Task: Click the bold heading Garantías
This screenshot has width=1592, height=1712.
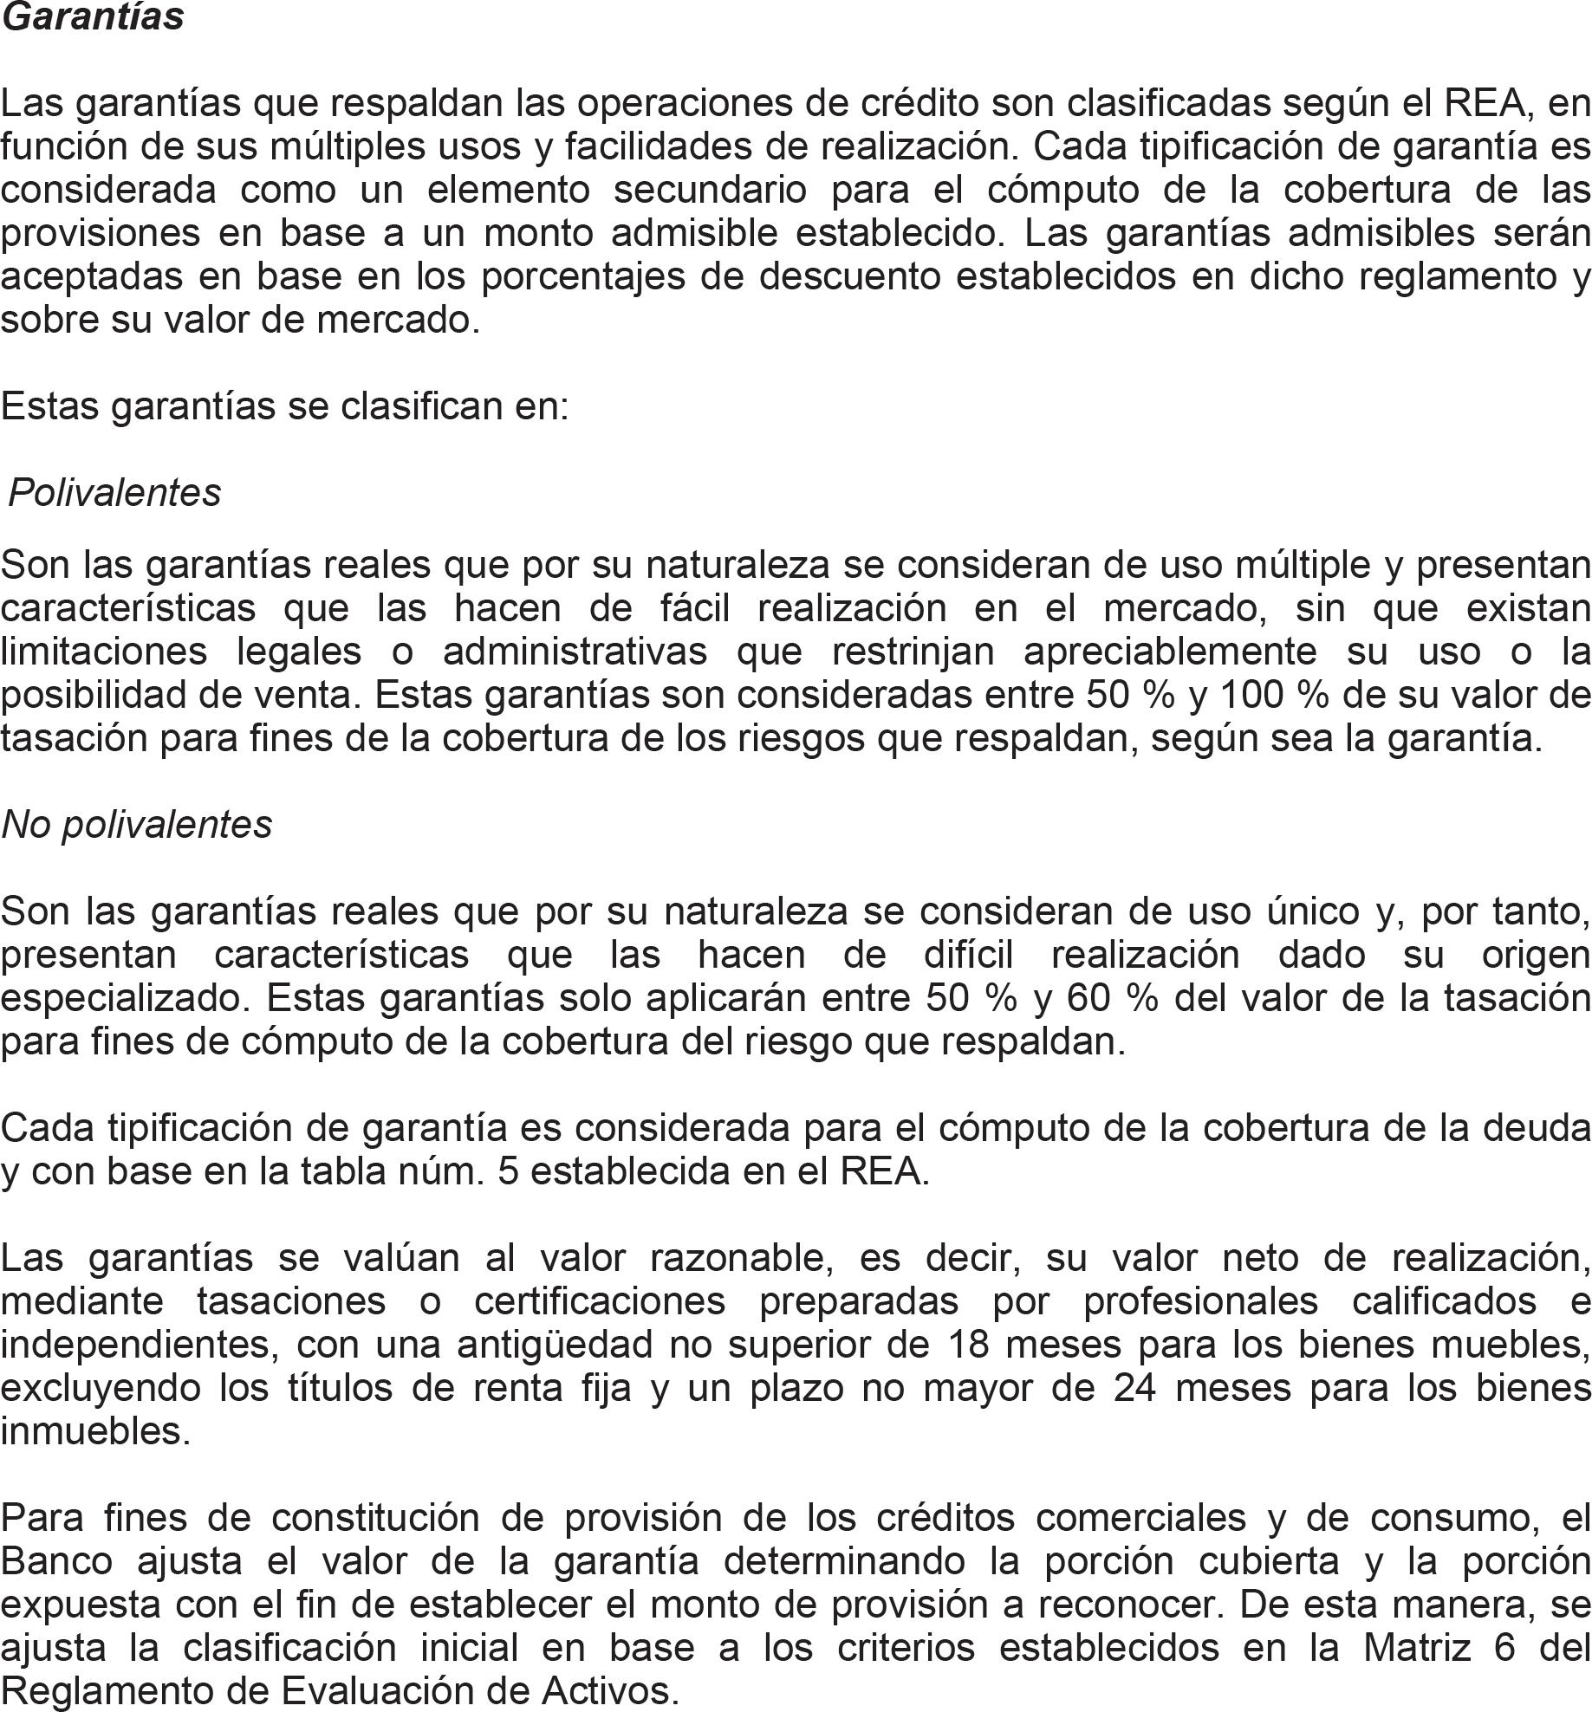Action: (92, 17)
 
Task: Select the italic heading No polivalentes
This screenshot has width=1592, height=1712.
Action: (136, 824)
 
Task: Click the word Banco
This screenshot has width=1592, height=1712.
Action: (56, 1561)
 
